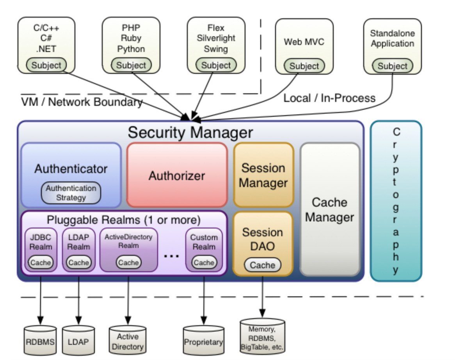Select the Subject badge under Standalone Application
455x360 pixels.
(x=392, y=66)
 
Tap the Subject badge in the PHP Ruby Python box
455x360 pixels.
(x=131, y=65)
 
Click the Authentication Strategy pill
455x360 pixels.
(x=71, y=193)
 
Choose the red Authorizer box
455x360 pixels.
(x=177, y=175)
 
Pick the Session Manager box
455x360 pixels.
(x=263, y=175)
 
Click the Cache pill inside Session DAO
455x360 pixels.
(x=262, y=265)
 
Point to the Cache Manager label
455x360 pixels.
(x=329, y=210)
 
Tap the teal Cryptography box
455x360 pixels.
(x=396, y=201)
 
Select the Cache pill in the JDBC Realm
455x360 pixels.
(x=41, y=262)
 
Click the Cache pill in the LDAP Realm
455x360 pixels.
(x=78, y=262)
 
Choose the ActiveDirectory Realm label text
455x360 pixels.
(x=128, y=241)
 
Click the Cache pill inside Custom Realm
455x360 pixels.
(x=204, y=262)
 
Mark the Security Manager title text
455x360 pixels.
(x=190, y=133)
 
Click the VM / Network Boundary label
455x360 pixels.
(x=82, y=102)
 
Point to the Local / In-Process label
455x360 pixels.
(x=329, y=98)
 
